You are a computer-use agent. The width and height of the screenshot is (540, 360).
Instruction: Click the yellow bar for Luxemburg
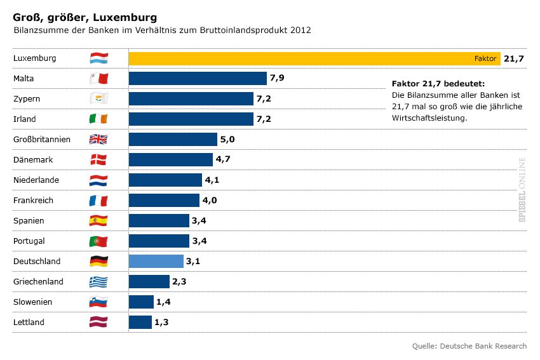point(299,58)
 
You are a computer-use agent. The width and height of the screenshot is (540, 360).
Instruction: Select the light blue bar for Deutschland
point(156,262)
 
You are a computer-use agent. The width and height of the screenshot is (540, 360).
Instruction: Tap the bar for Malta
point(198,79)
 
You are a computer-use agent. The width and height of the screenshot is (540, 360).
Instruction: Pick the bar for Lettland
point(140,323)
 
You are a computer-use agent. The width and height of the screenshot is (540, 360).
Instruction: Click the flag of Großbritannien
point(98,140)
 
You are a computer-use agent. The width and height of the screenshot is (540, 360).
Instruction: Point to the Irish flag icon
point(98,119)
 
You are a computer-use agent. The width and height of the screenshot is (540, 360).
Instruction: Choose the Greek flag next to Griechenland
point(98,282)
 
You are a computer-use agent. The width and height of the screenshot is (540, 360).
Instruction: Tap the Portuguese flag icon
point(98,241)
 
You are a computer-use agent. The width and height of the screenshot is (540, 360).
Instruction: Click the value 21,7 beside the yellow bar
point(513,58)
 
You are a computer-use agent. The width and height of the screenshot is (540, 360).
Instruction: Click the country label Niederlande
point(36,180)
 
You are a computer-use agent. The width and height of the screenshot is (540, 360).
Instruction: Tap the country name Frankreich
point(34,201)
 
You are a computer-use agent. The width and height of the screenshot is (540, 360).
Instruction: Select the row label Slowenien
point(32,302)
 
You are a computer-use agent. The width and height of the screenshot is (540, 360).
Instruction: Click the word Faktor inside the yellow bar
point(485,58)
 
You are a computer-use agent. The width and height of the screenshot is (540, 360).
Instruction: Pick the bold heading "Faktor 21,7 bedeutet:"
point(438,84)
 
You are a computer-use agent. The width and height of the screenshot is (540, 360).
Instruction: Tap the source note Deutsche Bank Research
point(469,346)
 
